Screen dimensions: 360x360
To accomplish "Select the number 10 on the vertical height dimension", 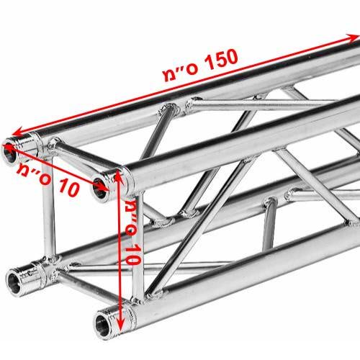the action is click(132, 254).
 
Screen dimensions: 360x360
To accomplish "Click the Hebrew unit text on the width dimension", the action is click(34, 172).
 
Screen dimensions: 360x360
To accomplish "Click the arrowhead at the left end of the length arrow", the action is click(17, 132).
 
